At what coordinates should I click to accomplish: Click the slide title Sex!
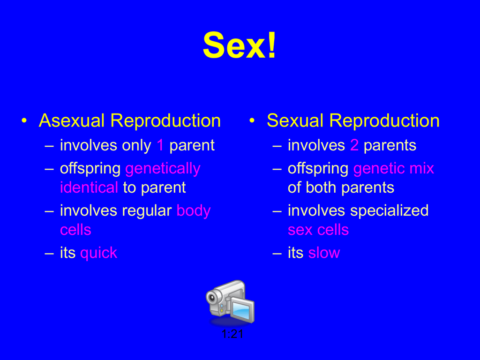pos(240,45)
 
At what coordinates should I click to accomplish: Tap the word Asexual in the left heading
pos(72,120)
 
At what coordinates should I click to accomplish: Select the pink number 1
pos(160,145)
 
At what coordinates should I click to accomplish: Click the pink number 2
pos(354,145)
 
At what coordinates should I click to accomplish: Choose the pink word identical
pos(89,187)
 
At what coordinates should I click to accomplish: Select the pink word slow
pos(324,253)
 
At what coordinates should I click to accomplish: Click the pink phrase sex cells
pos(318,230)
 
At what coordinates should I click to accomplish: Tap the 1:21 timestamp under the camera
pos(232,334)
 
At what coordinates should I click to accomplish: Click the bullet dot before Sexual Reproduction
pos(252,120)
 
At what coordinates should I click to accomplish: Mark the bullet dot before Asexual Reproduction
pos(24,120)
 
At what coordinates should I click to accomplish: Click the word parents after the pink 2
pos(390,146)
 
